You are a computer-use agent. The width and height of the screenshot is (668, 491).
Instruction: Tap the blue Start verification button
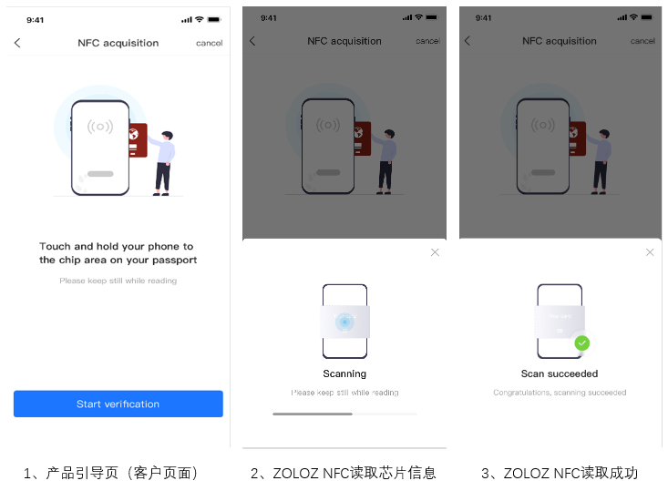tap(118, 404)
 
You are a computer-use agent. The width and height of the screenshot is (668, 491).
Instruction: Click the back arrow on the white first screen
tap(17, 43)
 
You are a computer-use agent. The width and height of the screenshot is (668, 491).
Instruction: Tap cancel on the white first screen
tap(210, 43)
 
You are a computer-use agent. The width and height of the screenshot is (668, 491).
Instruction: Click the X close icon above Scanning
tap(435, 252)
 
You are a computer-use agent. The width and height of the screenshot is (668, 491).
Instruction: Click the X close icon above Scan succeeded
tap(650, 252)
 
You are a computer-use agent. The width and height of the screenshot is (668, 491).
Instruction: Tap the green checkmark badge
tap(582, 343)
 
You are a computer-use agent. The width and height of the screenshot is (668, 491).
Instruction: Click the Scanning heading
tap(344, 373)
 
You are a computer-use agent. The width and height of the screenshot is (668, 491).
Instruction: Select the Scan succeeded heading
tap(560, 373)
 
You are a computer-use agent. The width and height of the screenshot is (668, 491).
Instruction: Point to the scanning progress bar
tap(344, 414)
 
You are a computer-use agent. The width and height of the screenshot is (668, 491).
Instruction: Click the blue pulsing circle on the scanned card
tap(344, 322)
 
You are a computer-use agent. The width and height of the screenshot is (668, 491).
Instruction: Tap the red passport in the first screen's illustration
tap(138, 140)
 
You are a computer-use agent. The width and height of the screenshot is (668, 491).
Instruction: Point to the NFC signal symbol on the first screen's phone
tap(100, 127)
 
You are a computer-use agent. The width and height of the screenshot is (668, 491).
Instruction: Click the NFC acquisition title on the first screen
tap(118, 43)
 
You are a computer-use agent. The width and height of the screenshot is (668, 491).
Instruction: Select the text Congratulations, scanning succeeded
tap(560, 393)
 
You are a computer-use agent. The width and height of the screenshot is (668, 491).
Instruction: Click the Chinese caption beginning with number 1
tap(110, 473)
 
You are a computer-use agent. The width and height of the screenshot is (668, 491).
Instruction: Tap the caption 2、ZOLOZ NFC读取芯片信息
tap(344, 473)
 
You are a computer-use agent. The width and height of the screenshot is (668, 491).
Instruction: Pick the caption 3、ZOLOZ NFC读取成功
tap(560, 473)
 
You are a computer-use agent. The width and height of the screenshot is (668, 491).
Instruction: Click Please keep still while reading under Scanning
tap(344, 393)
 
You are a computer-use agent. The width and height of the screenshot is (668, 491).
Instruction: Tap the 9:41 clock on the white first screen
tap(35, 20)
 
